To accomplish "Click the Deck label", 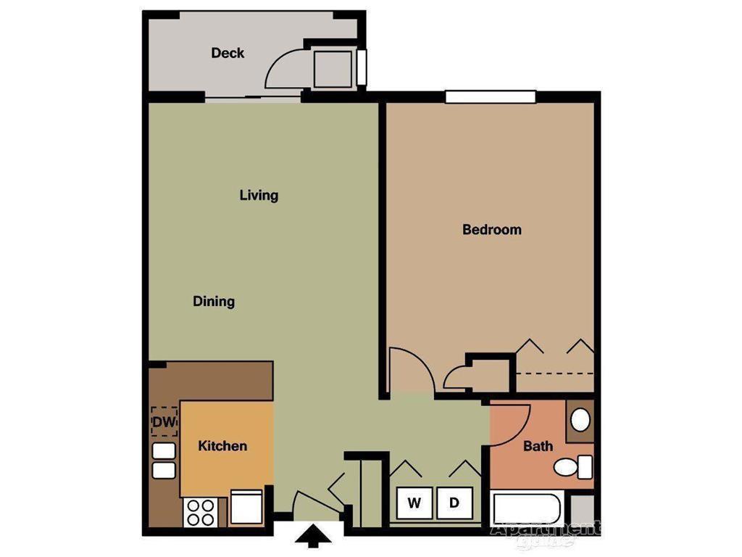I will pyautogui.click(x=228, y=53).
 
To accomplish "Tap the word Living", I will pyautogui.click(x=259, y=195).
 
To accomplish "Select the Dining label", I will pyautogui.click(x=214, y=301).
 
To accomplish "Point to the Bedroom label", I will pyautogui.click(x=492, y=230).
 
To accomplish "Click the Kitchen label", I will pyautogui.click(x=222, y=446).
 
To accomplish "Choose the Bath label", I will pyautogui.click(x=538, y=446).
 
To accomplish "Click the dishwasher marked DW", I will pyautogui.click(x=164, y=421).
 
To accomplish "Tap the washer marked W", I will pyautogui.click(x=414, y=502).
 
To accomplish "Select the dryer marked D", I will pyautogui.click(x=454, y=502).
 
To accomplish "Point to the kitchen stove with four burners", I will pyautogui.click(x=200, y=512).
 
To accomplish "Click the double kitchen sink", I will pyautogui.click(x=164, y=461).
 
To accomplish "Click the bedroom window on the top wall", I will pyautogui.click(x=490, y=96).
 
